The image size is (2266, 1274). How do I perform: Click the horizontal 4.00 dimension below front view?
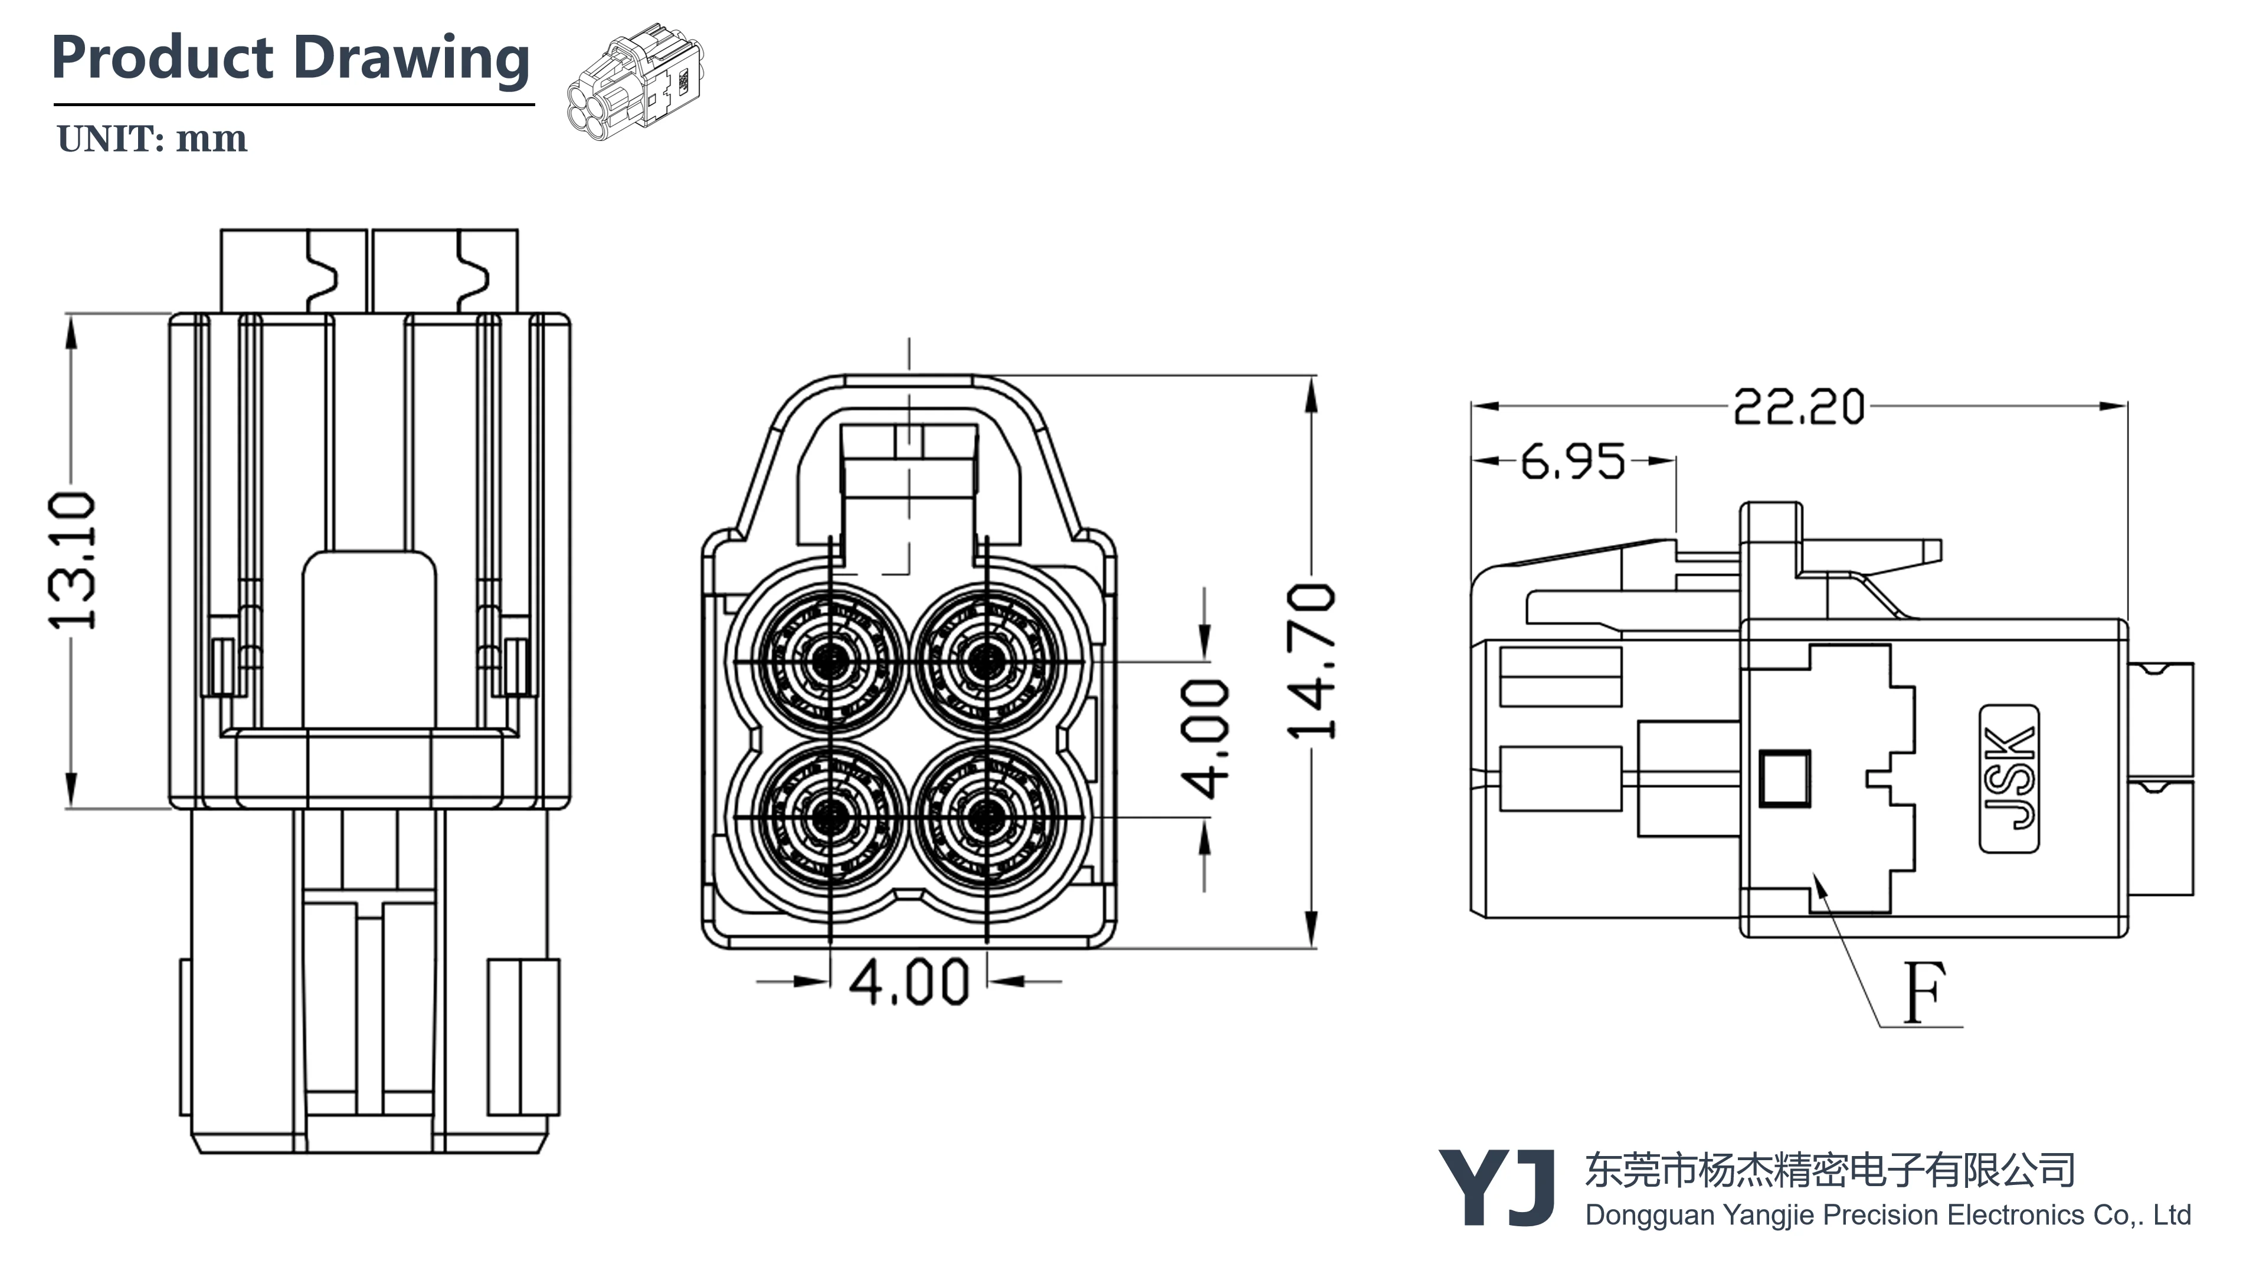pos(909,981)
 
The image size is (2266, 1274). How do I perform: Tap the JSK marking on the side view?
pos(2009,778)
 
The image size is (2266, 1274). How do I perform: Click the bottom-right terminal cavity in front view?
pos(986,817)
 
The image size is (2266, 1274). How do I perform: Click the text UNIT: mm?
pos(151,139)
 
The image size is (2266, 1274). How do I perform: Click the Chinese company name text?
pos(1830,1170)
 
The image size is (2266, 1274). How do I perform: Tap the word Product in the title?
pos(163,58)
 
